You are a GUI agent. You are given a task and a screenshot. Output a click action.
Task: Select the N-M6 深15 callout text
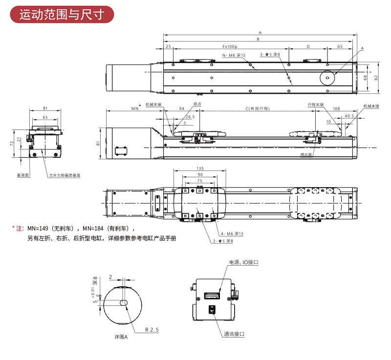click(234, 55)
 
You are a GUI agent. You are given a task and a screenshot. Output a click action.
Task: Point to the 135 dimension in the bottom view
click(200, 169)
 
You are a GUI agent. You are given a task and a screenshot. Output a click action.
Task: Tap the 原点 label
click(197, 104)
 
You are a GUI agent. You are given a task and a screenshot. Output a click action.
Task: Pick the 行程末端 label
click(315, 104)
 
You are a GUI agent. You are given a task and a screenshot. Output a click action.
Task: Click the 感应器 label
click(306, 153)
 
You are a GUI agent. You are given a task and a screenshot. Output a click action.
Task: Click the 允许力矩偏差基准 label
click(65, 175)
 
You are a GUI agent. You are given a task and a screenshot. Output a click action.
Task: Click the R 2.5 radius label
click(152, 330)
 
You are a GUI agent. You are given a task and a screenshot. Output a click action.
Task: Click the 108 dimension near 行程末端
click(336, 108)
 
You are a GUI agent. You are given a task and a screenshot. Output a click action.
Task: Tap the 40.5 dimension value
click(349, 116)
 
